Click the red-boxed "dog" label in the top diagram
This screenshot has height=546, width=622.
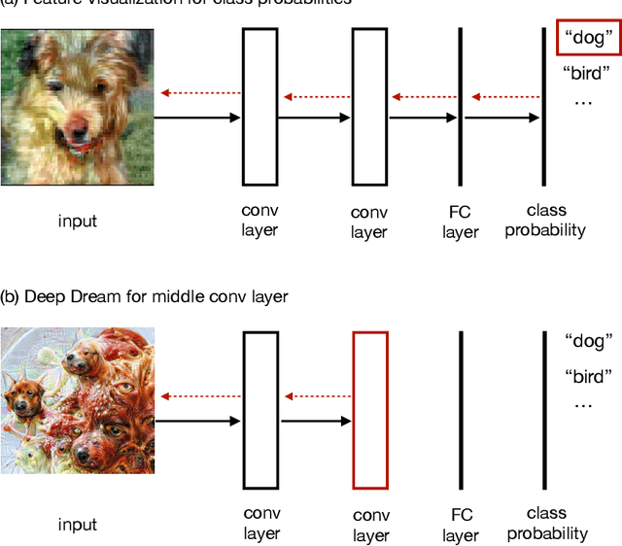[x=589, y=39]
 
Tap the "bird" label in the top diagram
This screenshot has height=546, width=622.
[x=582, y=74]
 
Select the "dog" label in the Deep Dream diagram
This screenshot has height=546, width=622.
[x=589, y=341]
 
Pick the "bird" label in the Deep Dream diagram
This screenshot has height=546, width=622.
[x=589, y=376]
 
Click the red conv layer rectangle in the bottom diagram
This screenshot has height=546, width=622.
[x=370, y=409]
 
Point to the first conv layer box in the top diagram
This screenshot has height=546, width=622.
[x=259, y=107]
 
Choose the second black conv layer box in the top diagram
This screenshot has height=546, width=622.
[x=369, y=107]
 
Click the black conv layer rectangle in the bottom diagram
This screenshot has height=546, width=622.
[x=259, y=409]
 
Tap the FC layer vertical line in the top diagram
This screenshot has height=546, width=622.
[x=460, y=107]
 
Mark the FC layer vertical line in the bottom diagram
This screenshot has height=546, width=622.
[x=460, y=409]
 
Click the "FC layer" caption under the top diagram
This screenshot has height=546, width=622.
[x=461, y=222]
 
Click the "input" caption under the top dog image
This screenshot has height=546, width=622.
[x=78, y=221]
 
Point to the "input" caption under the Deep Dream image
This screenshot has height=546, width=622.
[x=78, y=525]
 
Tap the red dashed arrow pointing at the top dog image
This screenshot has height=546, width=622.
[x=201, y=93]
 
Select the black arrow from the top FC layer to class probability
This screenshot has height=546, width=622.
[x=502, y=118]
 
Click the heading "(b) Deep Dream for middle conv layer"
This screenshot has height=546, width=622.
[x=145, y=295]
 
